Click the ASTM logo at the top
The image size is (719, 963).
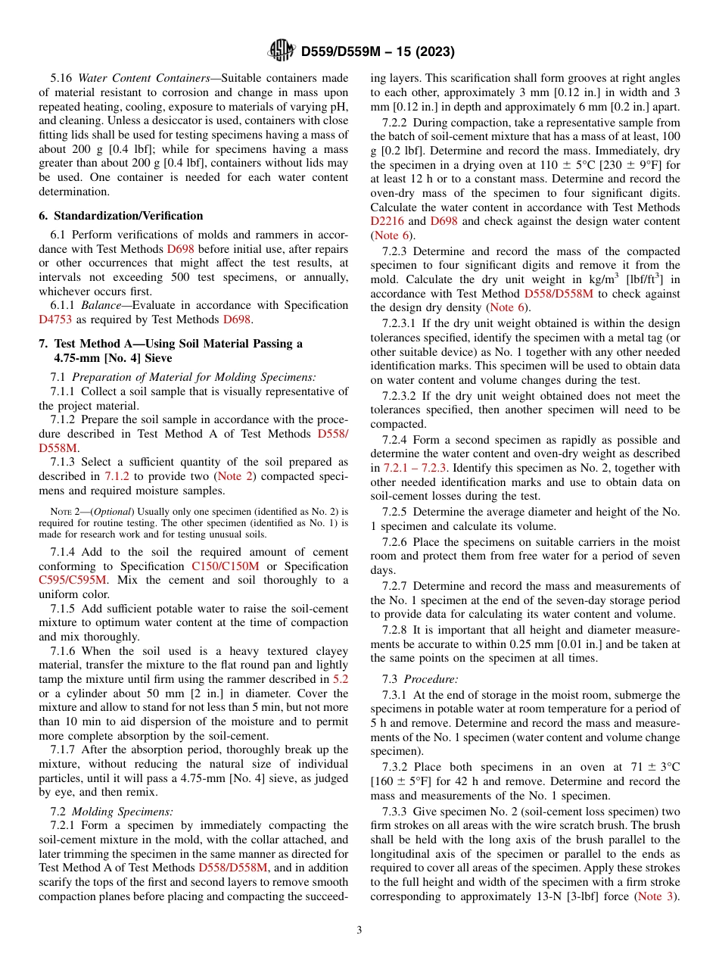tap(282, 52)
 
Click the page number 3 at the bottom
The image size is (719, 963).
tap(359, 930)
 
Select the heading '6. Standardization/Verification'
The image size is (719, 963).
tap(120, 216)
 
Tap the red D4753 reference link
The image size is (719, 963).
tap(56, 319)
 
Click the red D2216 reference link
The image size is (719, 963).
tap(387, 221)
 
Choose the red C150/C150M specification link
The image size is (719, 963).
tap(225, 566)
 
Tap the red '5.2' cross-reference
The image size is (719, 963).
tap(341, 679)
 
